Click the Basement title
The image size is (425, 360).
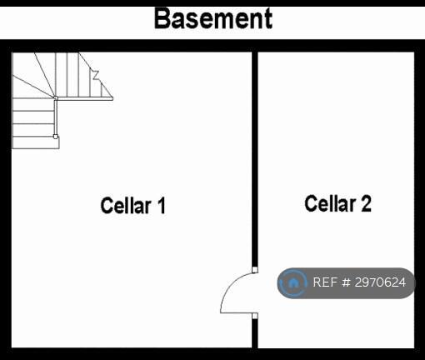pyautogui.click(x=213, y=18)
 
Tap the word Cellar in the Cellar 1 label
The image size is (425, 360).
pyautogui.click(x=126, y=205)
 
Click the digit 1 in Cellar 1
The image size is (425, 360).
pyautogui.click(x=161, y=205)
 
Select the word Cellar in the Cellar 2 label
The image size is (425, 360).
pyautogui.click(x=330, y=203)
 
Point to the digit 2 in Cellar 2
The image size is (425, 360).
pyautogui.click(x=367, y=203)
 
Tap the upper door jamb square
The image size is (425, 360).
pyautogui.click(x=255, y=270)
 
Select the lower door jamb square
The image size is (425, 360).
pyautogui.click(x=255, y=316)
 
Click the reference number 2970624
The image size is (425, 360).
pyautogui.click(x=380, y=282)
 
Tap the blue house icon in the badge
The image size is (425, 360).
pyautogui.click(x=292, y=282)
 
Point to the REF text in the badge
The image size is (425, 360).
pyautogui.click(x=325, y=282)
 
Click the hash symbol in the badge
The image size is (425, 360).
pyautogui.click(x=346, y=282)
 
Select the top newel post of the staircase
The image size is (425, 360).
pyautogui.click(x=56, y=97)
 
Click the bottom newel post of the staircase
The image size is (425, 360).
pyautogui.click(x=56, y=137)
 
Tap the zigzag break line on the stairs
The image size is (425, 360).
pyautogui.click(x=96, y=75)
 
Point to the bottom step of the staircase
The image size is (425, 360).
pyautogui.click(x=36, y=142)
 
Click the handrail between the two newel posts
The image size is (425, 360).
pyautogui.click(x=56, y=117)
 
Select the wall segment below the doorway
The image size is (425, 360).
pyautogui.click(x=255, y=333)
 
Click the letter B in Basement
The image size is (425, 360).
pyautogui.click(x=162, y=18)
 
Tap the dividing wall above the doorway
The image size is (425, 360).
pyautogui.click(x=255, y=159)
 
